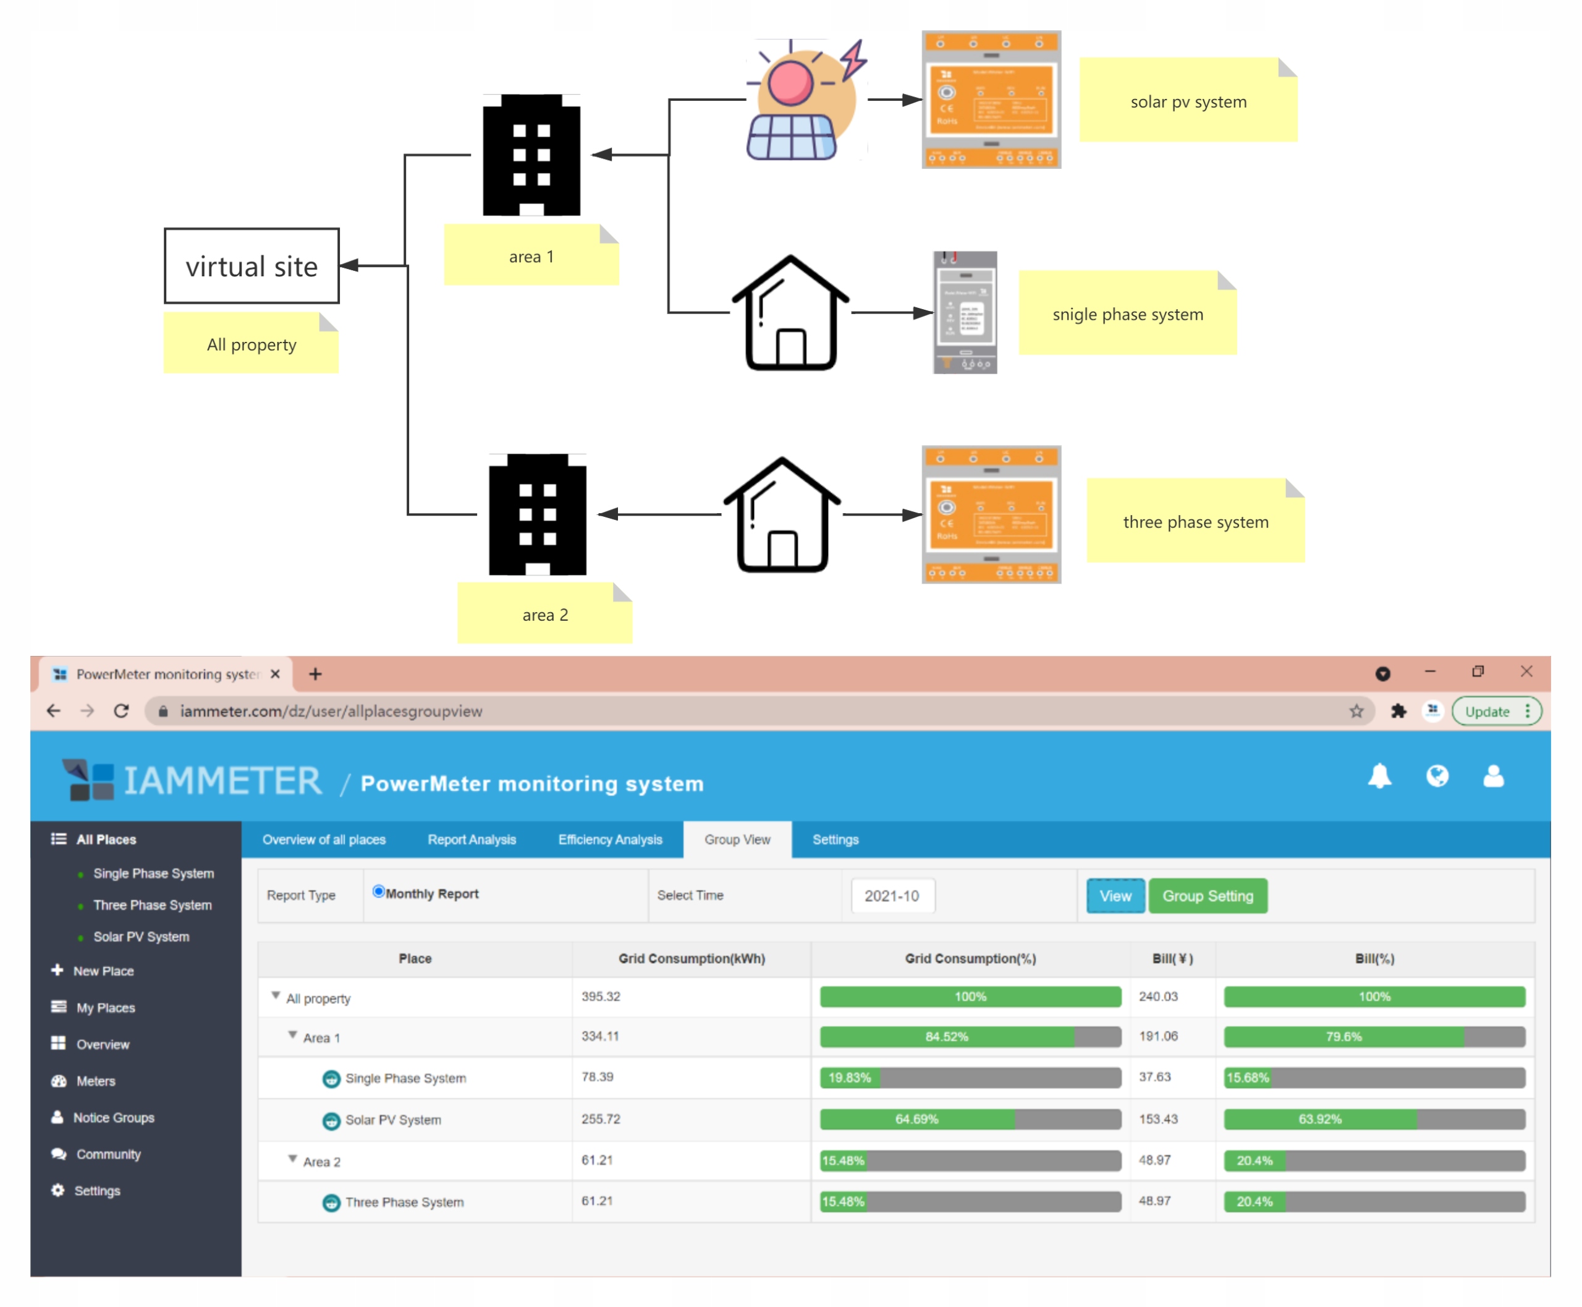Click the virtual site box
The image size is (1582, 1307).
[252, 266]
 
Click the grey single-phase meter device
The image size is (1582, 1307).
[965, 312]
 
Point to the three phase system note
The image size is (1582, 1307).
[1195, 521]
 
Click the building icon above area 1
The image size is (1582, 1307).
[531, 155]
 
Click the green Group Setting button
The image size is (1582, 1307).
[1206, 895]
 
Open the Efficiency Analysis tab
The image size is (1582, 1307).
[609, 839]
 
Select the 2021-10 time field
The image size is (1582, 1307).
[892, 895]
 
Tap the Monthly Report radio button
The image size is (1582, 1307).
[379, 892]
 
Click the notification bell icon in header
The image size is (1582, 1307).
[1379, 775]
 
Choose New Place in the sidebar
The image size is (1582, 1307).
[103, 971]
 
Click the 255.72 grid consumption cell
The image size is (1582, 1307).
[601, 1119]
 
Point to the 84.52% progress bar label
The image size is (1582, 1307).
[946, 1037]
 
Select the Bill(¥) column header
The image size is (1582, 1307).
[1172, 958]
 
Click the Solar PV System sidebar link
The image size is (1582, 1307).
[141, 937]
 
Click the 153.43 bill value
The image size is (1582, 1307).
[1157, 1119]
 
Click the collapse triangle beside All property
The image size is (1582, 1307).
[276, 995]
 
